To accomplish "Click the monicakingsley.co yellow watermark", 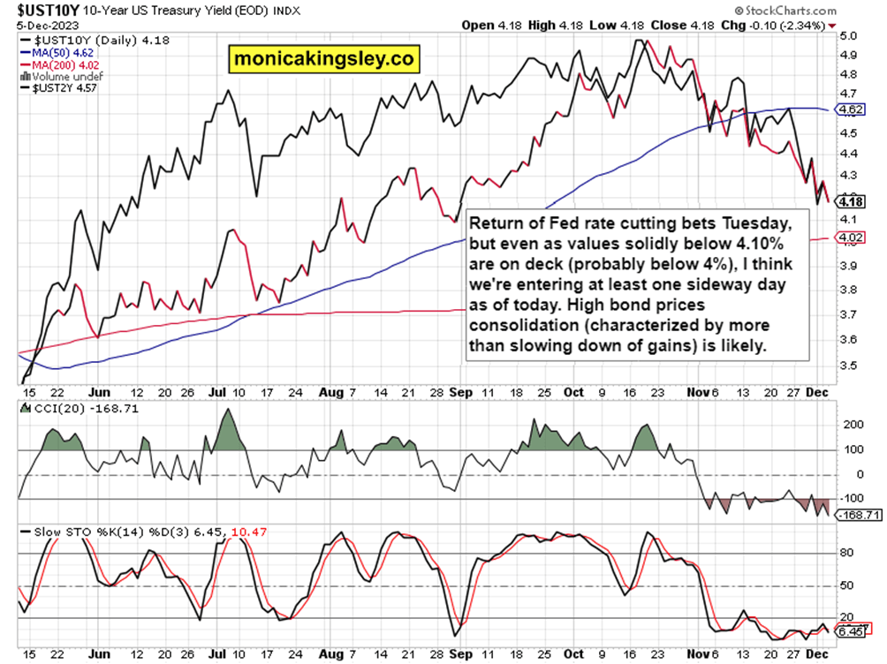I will pyautogui.click(x=322, y=60).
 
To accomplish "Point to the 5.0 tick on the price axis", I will pyautogui.click(x=849, y=37).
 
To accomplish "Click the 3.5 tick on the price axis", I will pyautogui.click(x=849, y=365).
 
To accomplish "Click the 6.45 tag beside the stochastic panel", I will pyautogui.click(x=853, y=630).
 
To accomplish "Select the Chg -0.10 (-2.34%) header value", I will pyautogui.click(x=783, y=25).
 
